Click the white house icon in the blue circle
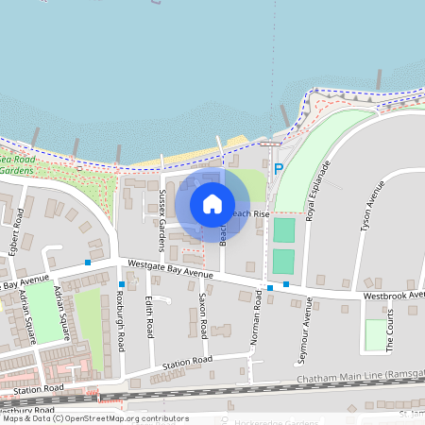tap(212, 203)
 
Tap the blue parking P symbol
tap(278, 169)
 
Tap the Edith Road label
tap(149, 316)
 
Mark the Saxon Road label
tap(202, 315)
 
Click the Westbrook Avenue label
tap(395, 296)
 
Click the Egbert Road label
tap(14, 229)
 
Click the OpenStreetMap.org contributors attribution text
tap(126, 417)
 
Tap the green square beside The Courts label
tap(376, 334)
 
